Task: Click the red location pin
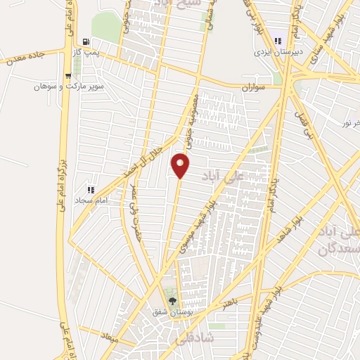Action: (181, 167)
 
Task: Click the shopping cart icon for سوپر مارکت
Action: (67, 77)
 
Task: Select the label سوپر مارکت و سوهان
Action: (67, 87)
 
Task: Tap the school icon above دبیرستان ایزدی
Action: (279, 41)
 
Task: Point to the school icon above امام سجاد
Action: (90, 189)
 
